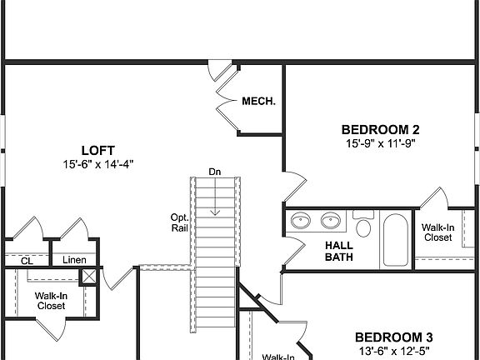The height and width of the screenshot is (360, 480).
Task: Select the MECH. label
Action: [x=258, y=102]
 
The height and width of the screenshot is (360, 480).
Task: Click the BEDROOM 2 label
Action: [x=380, y=129]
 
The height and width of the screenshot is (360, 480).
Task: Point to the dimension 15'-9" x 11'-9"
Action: [x=380, y=143]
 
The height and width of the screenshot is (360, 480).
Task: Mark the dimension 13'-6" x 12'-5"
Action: [x=393, y=351]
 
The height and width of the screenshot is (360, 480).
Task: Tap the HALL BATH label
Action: [x=338, y=251]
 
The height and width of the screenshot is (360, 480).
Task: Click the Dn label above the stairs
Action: [x=215, y=172]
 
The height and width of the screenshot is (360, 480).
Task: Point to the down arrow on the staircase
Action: [x=215, y=200]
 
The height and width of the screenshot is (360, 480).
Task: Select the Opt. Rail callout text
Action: [x=179, y=222]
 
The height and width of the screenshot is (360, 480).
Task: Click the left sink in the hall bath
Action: [x=302, y=222]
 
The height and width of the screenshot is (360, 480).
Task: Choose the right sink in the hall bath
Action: [x=330, y=222]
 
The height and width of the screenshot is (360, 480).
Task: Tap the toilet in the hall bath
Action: [x=364, y=226]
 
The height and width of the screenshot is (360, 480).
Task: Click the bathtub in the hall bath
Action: [x=394, y=239]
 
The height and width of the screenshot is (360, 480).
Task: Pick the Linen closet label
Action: [x=74, y=260]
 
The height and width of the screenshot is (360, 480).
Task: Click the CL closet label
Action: [x=26, y=261]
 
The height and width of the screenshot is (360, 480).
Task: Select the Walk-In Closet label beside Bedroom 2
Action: [x=437, y=232]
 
